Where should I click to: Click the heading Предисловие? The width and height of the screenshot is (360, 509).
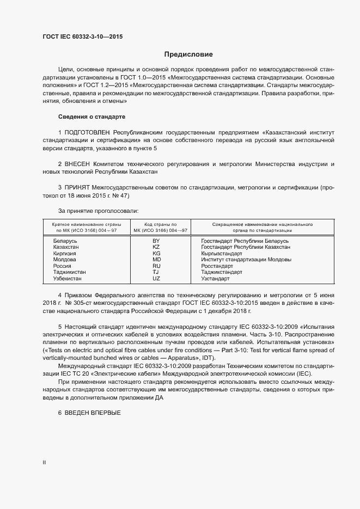point(189,54)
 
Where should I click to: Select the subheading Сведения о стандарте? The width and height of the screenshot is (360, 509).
point(91,117)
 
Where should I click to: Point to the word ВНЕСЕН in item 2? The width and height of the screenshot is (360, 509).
point(77,164)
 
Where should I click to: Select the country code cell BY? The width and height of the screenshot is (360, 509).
point(156,241)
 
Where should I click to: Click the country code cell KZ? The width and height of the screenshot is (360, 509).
point(156,247)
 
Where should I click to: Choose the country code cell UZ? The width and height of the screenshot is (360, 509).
point(156,278)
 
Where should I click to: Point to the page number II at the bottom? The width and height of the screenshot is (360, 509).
point(44,462)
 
